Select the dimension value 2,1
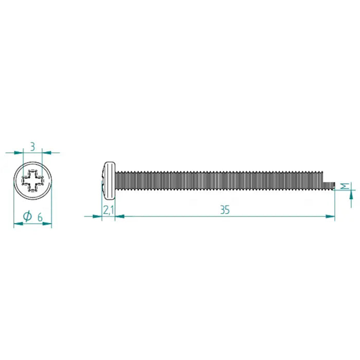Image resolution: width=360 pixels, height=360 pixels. pyautogui.click(x=108, y=210)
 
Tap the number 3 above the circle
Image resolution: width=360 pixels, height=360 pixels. pyautogui.click(x=33, y=147)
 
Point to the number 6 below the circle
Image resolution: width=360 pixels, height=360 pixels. pyautogui.click(x=40, y=217)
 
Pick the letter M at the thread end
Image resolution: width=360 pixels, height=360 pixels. pyautogui.click(x=345, y=186)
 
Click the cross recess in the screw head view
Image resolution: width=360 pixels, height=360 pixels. pyautogui.click(x=32, y=181)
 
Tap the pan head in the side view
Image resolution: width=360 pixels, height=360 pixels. pyautogui.click(x=109, y=180)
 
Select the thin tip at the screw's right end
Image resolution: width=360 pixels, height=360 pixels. pyautogui.click(x=329, y=185)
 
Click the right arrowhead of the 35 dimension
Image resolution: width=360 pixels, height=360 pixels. pyautogui.click(x=331, y=217)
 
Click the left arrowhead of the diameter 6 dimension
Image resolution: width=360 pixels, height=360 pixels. pyautogui.click(x=16, y=223)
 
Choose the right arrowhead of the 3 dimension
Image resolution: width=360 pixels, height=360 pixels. pyautogui.click(x=46, y=152)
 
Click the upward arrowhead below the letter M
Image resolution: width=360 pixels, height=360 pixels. pyautogui.click(x=352, y=194)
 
